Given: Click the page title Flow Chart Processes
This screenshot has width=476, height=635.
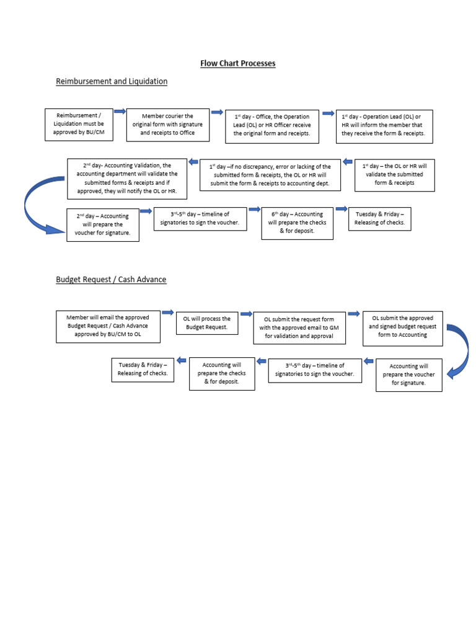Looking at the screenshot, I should click(238, 63).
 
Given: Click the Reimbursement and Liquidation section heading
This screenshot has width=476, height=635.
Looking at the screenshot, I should click(112, 81).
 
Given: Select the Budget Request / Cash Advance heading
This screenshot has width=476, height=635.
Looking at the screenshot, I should click(111, 280).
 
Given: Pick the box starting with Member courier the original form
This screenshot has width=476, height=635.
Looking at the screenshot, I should click(167, 124).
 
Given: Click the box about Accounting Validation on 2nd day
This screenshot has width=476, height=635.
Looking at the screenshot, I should click(131, 178).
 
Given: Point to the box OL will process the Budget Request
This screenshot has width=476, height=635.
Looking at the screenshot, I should click(206, 322).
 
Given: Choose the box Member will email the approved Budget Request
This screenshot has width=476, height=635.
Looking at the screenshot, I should click(108, 326).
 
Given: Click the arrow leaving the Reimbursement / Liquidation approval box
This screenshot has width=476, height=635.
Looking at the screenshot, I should click(120, 112).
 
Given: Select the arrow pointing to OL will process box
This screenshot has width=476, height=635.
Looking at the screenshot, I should click(167, 313).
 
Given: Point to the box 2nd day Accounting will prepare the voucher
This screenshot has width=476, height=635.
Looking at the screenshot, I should click(102, 224).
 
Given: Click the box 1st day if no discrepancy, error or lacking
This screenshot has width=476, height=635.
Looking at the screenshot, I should click(270, 175).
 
